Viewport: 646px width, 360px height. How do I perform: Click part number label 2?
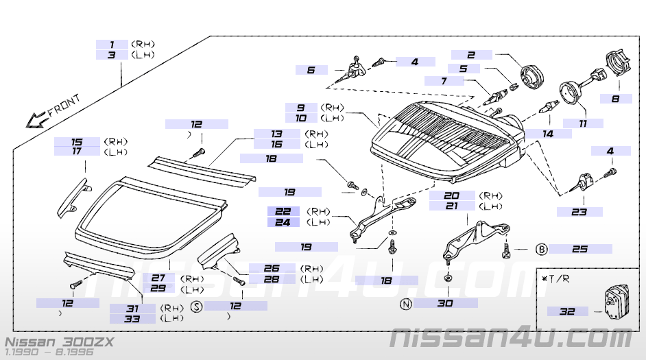[x=471, y=55]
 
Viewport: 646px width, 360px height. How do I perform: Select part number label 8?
[x=615, y=99]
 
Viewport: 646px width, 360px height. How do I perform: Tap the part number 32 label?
[x=567, y=311]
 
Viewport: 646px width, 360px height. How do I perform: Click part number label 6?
[x=311, y=70]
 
